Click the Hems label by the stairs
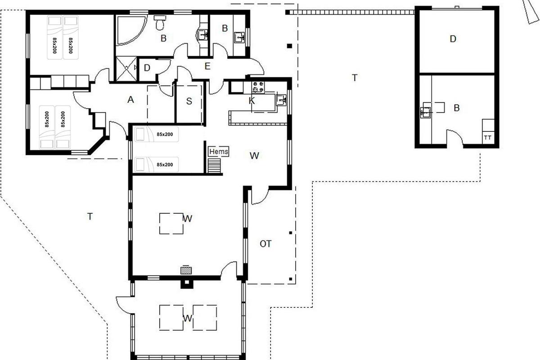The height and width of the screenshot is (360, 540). point(219,152)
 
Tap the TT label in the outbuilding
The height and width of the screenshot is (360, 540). point(488,138)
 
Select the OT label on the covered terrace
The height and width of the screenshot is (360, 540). point(265,244)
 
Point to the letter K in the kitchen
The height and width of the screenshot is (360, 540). point(252,100)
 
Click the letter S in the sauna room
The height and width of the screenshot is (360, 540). point(189,101)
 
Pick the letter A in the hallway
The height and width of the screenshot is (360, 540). point(130,99)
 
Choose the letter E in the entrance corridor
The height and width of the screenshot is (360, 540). point(207,66)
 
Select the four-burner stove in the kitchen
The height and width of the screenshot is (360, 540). point(258,87)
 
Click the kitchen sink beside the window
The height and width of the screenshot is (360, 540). point(281,100)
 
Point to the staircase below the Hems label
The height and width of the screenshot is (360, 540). point(214,166)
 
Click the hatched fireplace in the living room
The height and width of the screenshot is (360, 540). point(186,270)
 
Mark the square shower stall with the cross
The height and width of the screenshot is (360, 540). point(126,69)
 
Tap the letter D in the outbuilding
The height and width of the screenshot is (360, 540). point(453,39)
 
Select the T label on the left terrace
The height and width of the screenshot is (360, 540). point(90,216)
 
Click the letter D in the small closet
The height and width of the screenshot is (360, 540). point(147,68)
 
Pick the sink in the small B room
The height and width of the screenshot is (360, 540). point(239,37)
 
